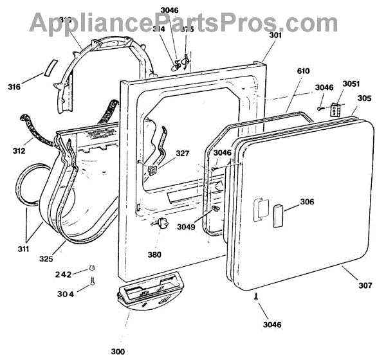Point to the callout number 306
[x=307, y=202]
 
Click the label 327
[x=183, y=154]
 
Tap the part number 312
[x=19, y=152]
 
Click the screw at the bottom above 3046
[x=256, y=297]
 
